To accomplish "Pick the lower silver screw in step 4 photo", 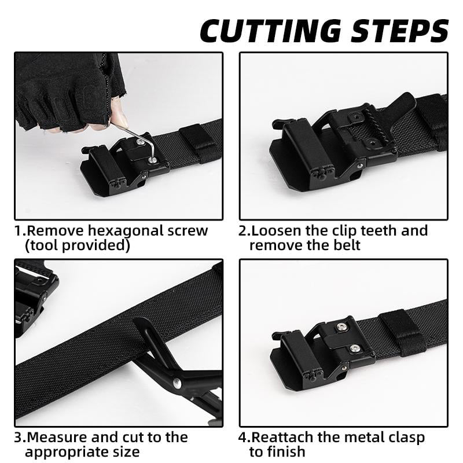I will [x=354, y=348].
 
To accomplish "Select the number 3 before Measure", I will [x=18, y=437].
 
